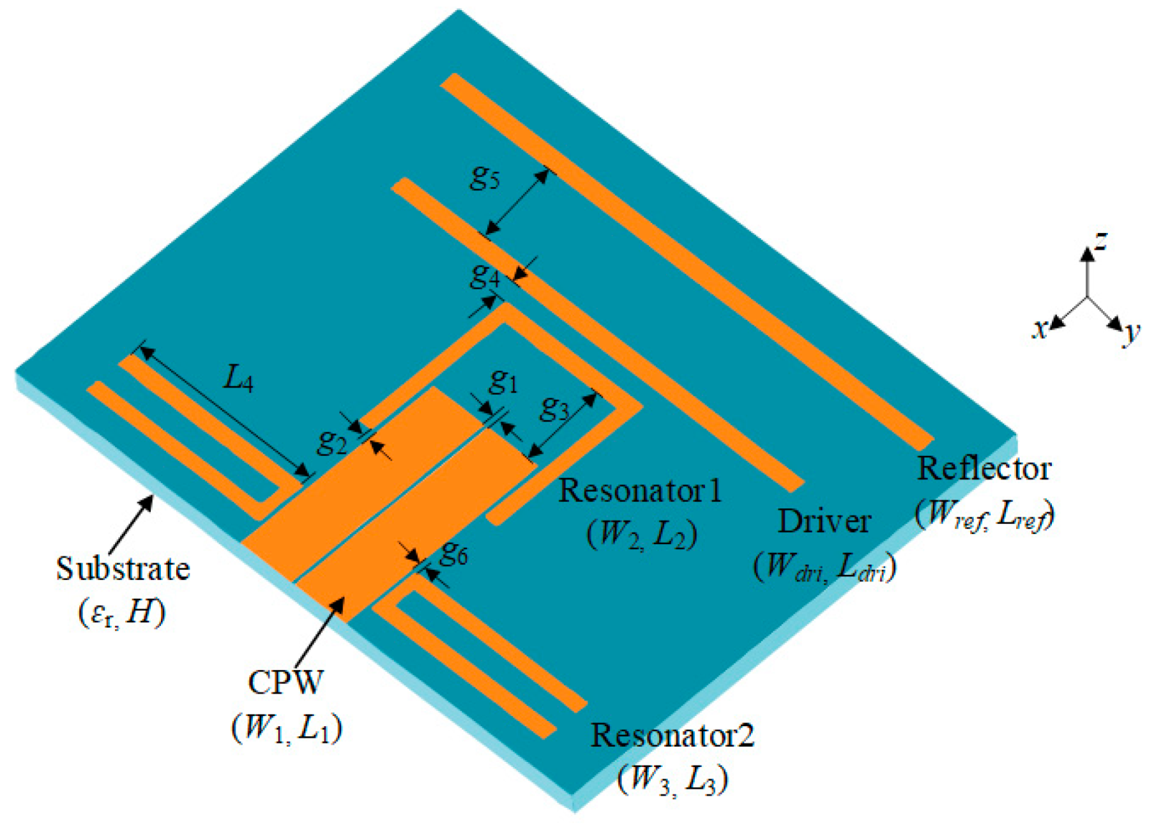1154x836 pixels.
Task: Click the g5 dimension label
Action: coord(485,178)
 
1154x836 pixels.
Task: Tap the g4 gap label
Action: coord(485,275)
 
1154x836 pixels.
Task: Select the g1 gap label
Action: coord(503,381)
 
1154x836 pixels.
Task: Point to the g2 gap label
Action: coord(333,441)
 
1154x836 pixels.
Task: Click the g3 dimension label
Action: coord(554,408)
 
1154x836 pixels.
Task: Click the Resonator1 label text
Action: coord(641,490)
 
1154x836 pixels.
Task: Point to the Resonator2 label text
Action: coord(672,734)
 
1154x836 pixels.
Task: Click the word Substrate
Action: coord(123,568)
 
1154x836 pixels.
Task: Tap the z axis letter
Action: coord(1100,241)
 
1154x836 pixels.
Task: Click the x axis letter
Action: coord(1040,329)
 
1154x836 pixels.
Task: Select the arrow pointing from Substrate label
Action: coord(132,525)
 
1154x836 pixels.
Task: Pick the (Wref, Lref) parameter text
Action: coord(984,513)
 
